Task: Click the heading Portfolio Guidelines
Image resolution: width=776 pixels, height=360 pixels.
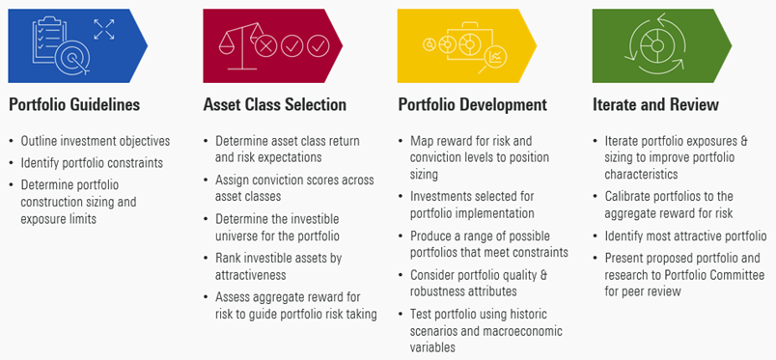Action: pyautogui.click(x=74, y=104)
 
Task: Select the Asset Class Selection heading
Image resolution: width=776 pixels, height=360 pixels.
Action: pyautogui.click(x=274, y=104)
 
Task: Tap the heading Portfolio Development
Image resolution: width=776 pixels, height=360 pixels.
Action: pyautogui.click(x=472, y=104)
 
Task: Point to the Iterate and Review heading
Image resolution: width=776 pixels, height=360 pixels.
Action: pyautogui.click(x=655, y=104)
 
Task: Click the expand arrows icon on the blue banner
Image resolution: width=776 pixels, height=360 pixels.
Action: pyautogui.click(x=103, y=29)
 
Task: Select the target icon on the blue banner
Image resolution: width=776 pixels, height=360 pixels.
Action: pyautogui.click(x=70, y=55)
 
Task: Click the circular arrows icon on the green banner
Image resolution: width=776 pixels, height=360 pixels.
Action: pyautogui.click(x=655, y=43)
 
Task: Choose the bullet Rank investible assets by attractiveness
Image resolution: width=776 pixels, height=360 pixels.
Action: pyautogui.click(x=277, y=266)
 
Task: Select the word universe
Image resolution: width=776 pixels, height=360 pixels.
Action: pyautogui.click(x=244, y=235)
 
